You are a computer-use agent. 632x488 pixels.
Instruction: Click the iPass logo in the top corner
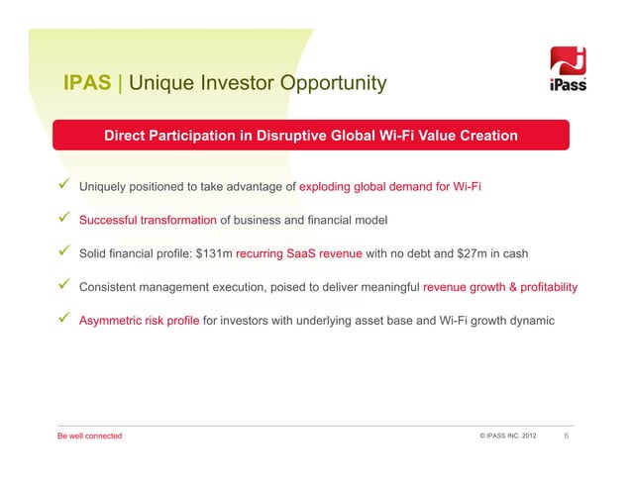pyautogui.click(x=570, y=71)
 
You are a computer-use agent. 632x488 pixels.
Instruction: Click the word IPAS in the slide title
pyautogui.click(x=87, y=83)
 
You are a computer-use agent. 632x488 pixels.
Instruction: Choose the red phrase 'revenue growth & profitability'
pyautogui.click(x=500, y=288)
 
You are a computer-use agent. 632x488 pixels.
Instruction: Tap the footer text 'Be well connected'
pyautogui.click(x=89, y=437)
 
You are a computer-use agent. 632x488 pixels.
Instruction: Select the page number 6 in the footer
pyautogui.click(x=567, y=436)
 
